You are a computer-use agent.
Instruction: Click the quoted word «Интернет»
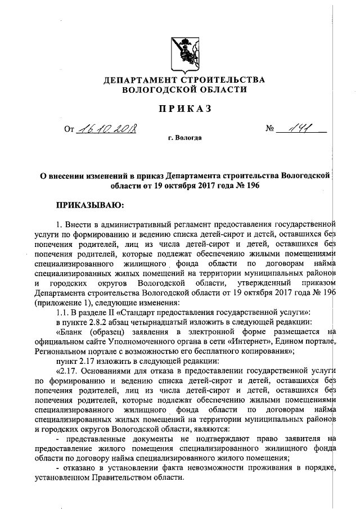[235, 342]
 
